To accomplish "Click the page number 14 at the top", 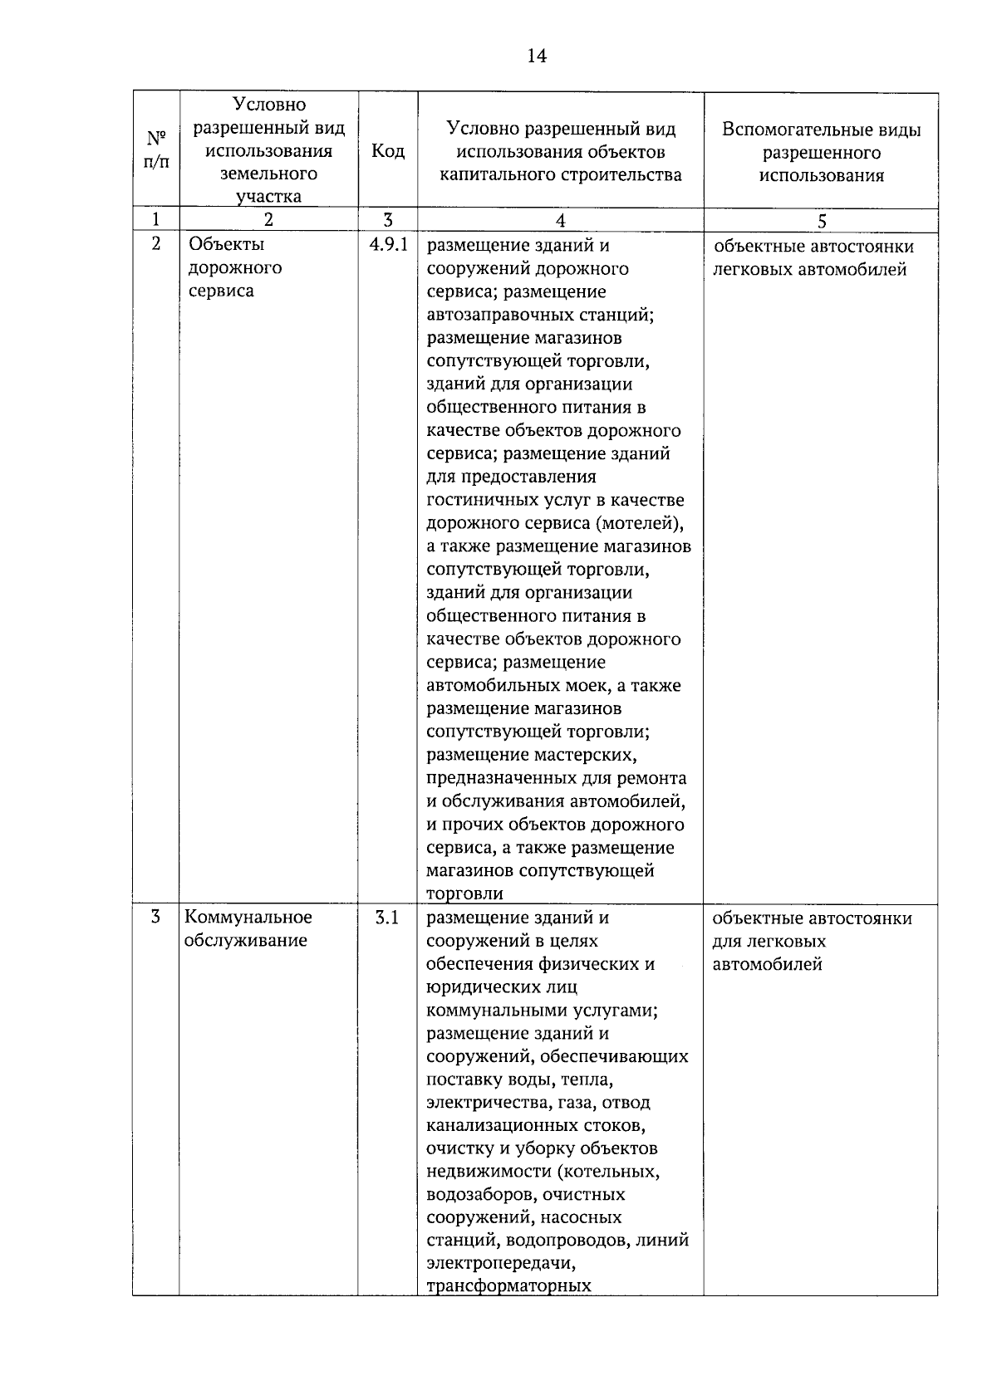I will (536, 56).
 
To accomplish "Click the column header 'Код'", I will (388, 150).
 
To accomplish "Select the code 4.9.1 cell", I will (388, 246).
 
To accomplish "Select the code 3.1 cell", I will (387, 918).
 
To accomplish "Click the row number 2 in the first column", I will (155, 245).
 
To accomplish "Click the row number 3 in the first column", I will (155, 918).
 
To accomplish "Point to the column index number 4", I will (560, 220).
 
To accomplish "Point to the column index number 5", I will (822, 220).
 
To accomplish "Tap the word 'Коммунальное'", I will (248, 917).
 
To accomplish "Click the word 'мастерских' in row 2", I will (591, 755).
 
